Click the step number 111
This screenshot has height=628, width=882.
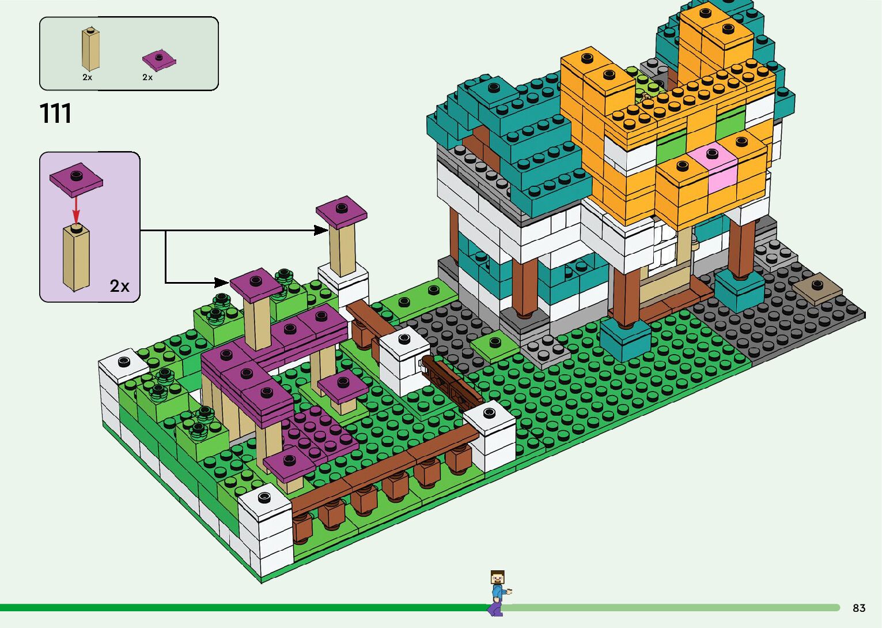point(56,113)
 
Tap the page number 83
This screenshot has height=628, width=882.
point(859,608)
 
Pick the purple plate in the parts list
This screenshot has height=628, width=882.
point(159,60)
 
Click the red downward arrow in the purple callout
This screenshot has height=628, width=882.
point(75,208)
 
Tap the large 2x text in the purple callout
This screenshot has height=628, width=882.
point(119,286)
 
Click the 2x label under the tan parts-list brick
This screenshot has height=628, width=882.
point(87,77)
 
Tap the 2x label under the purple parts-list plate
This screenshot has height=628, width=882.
point(147,77)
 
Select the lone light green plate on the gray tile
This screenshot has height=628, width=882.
point(494,344)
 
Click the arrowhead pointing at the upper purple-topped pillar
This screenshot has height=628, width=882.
point(321,230)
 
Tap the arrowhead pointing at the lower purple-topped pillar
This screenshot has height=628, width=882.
point(221,283)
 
